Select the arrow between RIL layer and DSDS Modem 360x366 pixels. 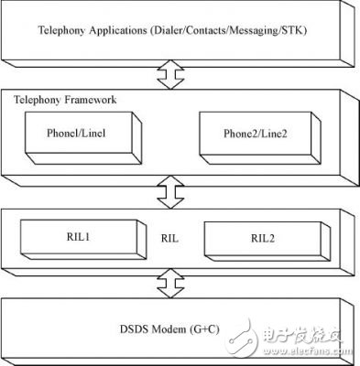[x=168, y=284]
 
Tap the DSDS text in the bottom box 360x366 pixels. [x=147, y=327]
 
